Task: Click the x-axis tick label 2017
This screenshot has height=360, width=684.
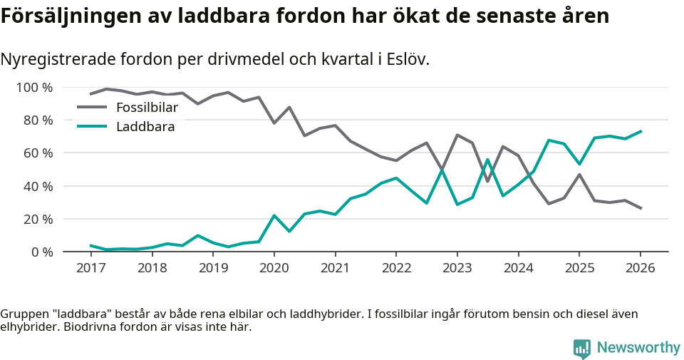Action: coord(90,268)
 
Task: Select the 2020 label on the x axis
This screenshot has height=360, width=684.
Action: coord(274,268)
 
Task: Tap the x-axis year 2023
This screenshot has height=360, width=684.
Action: coord(457,268)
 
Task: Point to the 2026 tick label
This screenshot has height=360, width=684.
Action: coord(640,268)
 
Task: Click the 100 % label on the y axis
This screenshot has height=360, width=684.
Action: coord(35,88)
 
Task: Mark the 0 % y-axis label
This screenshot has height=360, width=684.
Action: coord(41,252)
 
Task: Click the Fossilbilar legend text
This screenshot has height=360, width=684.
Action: coord(147,108)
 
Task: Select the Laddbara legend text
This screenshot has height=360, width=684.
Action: coord(145,127)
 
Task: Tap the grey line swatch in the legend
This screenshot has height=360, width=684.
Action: coord(92,108)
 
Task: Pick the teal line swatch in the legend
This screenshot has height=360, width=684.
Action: coord(92,127)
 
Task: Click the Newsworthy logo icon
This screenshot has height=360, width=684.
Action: coord(582,348)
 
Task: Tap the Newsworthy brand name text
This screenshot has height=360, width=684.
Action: coord(638,348)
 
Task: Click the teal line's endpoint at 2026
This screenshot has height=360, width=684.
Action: coord(641,131)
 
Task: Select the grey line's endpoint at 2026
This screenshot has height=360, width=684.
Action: coord(641,208)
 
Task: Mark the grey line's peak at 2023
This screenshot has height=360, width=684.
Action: coord(457,135)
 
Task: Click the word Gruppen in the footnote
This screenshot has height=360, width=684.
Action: coord(24,314)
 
